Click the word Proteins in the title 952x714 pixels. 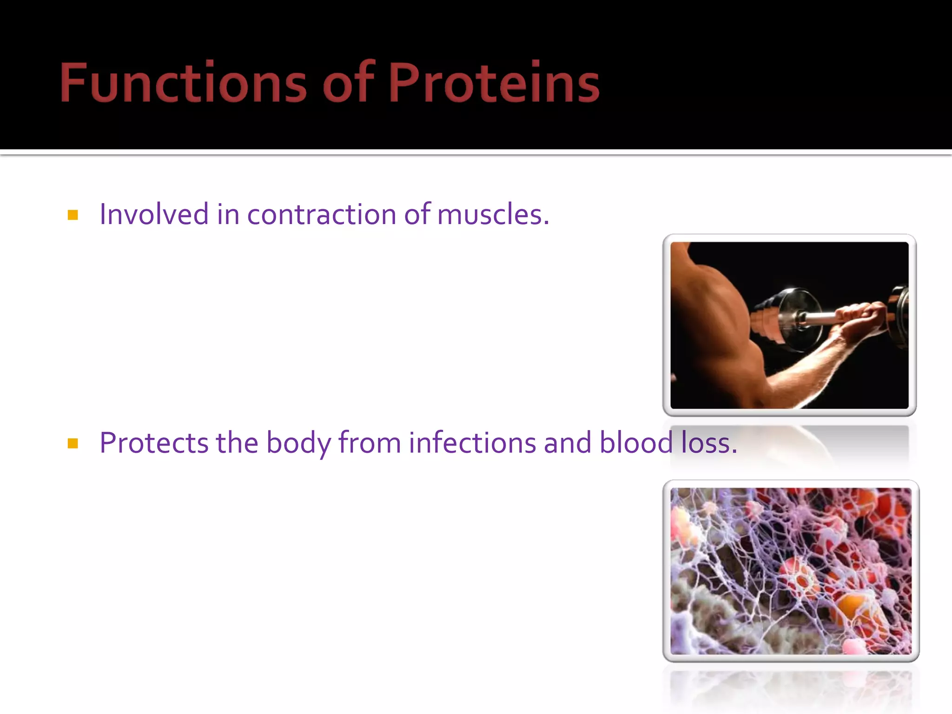click(494, 83)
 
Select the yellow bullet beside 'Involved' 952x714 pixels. click(73, 215)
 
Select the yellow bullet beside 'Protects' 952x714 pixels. click(73, 443)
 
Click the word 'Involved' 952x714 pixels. click(154, 214)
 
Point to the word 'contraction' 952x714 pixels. click(321, 215)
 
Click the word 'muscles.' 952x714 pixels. click(493, 215)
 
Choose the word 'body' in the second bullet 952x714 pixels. click(298, 443)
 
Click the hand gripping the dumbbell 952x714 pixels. click(860, 321)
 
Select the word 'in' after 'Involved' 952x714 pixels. click(228, 214)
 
